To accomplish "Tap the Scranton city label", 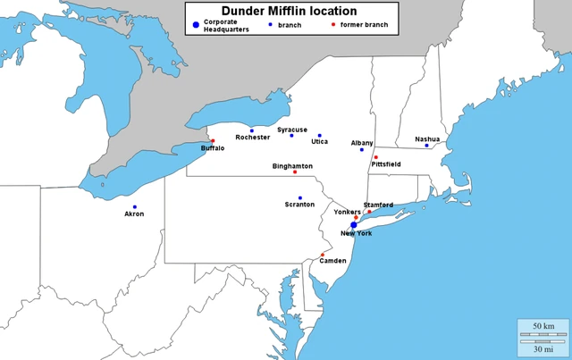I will pos(299,205).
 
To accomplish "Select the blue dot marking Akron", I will pos(135,206).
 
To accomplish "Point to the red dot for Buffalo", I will pos(213,140).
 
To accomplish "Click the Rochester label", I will pos(252,138).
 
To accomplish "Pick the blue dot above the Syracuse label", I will pos(291,136).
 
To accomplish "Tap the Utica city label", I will pos(319,142).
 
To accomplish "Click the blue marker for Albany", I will pos(362,149).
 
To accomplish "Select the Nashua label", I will pos(427,138).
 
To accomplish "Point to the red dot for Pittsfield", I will pos(375,157).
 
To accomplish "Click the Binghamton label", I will pos(292,165).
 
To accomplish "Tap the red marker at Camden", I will pos(323,255).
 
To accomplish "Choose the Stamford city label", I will pos(378,205).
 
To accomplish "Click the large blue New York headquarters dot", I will pos(354,224).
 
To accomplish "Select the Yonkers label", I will pos(347,212).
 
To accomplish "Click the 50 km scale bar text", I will pos(543,326).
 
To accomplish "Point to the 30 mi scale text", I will pos(543,349).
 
